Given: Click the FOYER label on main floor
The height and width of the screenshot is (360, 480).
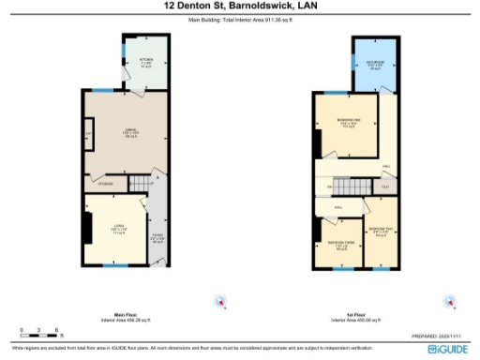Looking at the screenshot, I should point(158,237).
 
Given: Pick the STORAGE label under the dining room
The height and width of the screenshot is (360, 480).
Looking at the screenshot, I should point(108,184).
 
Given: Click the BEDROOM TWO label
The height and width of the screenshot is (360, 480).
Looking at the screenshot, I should point(382,230).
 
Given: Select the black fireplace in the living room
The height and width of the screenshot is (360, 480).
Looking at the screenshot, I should point(87,228).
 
